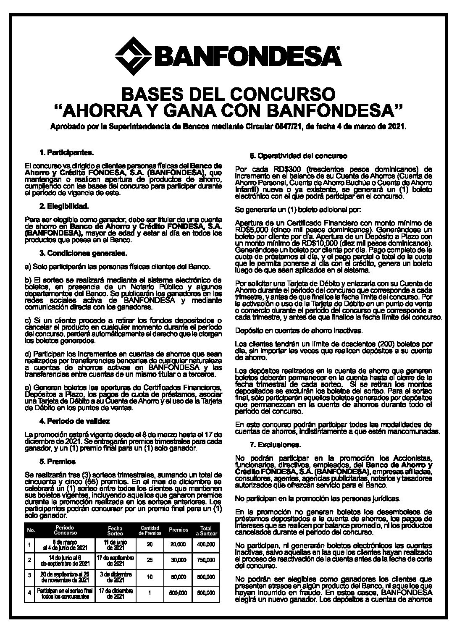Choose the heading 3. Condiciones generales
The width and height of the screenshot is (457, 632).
[x=79, y=253]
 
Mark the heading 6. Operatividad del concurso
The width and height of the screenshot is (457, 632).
[x=298, y=156]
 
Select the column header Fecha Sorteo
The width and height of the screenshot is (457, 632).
[x=115, y=530]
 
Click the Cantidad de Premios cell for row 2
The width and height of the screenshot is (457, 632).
[x=150, y=561]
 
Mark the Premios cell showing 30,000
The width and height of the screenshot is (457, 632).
[x=179, y=561]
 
